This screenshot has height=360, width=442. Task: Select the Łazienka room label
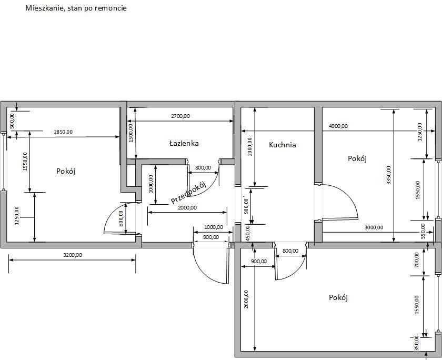184,143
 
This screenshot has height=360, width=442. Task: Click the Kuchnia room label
283,145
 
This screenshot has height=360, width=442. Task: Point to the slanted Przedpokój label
188,193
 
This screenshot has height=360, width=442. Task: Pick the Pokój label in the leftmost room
66,171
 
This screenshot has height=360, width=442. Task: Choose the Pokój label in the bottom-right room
338,297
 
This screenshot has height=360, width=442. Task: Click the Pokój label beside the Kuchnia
357,158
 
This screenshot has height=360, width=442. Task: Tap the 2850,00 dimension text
63,132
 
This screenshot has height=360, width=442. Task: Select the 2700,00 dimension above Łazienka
180,116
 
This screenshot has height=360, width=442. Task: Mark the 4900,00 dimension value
338,126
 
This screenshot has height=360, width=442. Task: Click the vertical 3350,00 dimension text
389,175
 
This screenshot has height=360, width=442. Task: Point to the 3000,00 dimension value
374,227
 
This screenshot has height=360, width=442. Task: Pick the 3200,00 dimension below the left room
73,255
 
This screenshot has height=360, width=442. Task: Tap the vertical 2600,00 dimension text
246,299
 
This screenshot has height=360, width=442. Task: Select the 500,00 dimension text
12,121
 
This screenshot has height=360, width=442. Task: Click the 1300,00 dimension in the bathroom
130,133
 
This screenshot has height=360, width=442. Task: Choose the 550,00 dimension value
423,231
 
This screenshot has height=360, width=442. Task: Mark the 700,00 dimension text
417,260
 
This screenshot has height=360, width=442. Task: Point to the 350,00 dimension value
417,343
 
